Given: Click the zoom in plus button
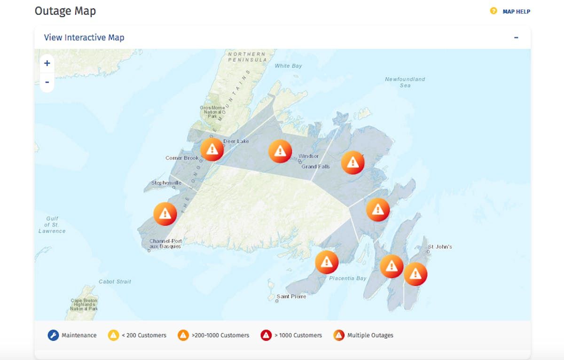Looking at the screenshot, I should [47, 63].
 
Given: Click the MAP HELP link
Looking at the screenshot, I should [516, 11].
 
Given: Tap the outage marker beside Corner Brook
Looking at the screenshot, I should [212, 149].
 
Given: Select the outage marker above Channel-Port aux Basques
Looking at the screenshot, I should [165, 214].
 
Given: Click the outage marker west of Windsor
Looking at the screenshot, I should [280, 151].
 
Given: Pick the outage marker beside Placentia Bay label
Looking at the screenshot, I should [327, 262].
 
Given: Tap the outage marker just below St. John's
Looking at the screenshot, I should [415, 274].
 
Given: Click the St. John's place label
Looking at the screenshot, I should [440, 247].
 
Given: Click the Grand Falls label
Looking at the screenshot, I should [315, 166].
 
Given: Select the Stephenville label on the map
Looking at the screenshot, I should [166, 183].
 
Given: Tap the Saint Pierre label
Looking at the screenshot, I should [291, 297].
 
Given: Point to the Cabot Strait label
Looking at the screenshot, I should [115, 282].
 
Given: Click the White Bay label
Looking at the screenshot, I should [289, 66].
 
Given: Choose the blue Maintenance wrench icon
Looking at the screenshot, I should [53, 335].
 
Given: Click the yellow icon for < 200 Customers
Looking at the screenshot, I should [113, 335].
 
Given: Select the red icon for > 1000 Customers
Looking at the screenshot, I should [266, 335].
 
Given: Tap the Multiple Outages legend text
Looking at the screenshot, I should [370, 335].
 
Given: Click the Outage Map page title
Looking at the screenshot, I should [65, 11].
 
